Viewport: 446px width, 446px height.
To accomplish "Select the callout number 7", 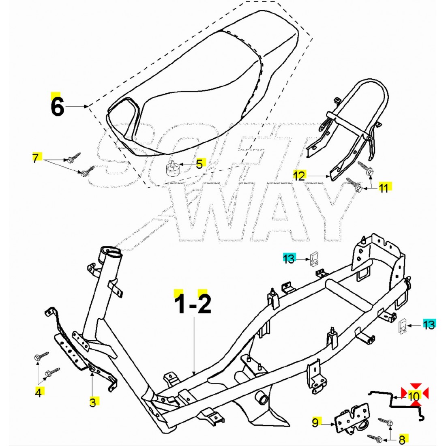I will (36, 158).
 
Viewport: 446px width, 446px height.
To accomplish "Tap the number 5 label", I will (199, 164).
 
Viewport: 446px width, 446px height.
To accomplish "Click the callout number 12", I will (299, 176).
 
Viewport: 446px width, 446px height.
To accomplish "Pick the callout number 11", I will (384, 187).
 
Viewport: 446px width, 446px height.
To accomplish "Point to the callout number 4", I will (39, 392).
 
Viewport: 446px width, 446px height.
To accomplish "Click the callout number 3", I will (93, 402).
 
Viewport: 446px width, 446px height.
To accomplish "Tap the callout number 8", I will (402, 439).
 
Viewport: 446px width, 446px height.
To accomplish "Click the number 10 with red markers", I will (414, 395).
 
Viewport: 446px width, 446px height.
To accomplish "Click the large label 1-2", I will (193, 304).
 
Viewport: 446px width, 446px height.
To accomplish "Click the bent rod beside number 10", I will (389, 399).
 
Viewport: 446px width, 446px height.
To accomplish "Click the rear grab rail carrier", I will (349, 130).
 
